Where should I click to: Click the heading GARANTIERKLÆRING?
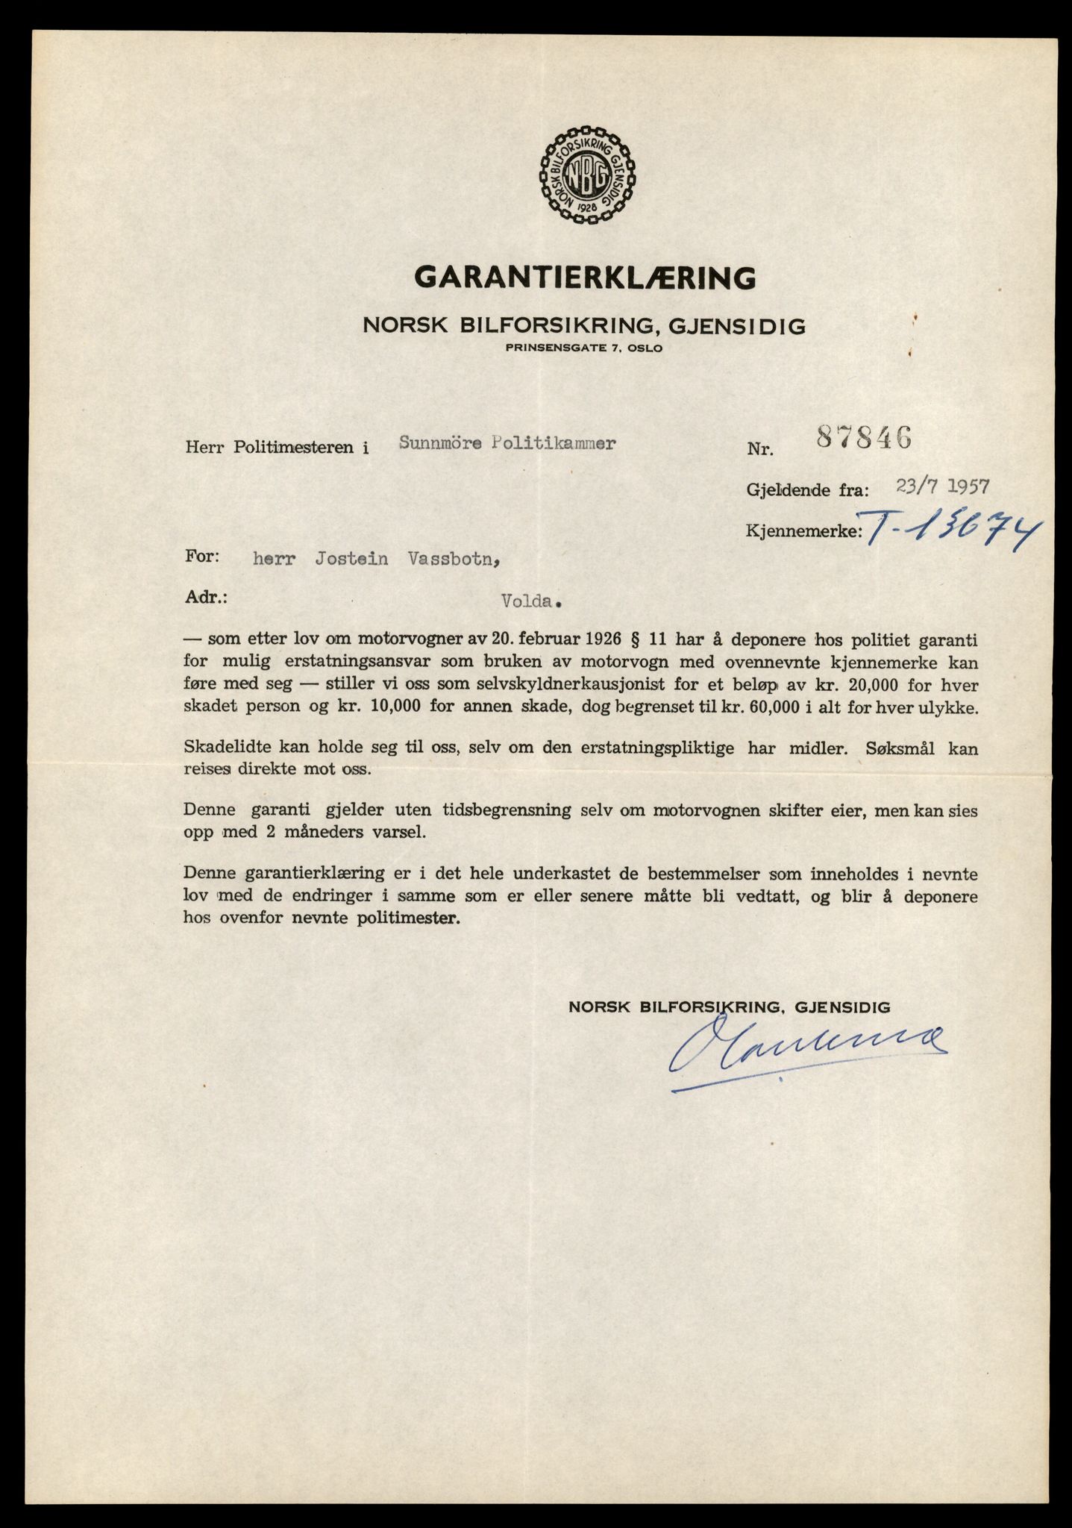pos(585,278)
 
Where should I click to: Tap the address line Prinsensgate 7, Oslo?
pos(583,348)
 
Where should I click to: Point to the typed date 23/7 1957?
pos(944,487)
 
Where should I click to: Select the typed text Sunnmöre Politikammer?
pos(507,443)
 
